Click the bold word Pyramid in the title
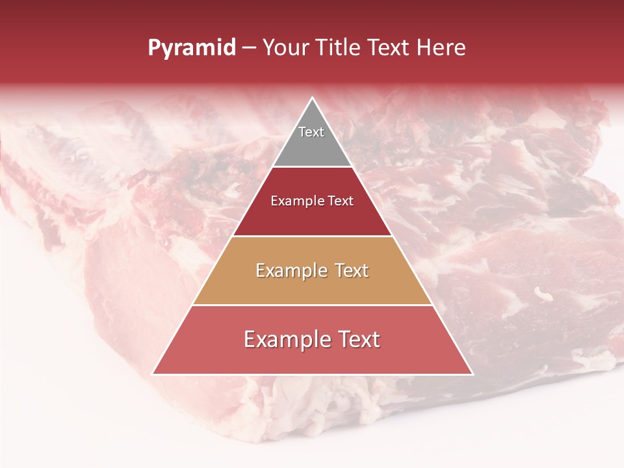(192, 48)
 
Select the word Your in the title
(286, 48)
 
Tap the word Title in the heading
(339, 48)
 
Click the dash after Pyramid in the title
(249, 49)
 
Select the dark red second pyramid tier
(312, 218)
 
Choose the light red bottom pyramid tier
(312, 357)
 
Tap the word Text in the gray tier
(311, 132)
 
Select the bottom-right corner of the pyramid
(472, 374)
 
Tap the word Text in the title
(390, 48)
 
